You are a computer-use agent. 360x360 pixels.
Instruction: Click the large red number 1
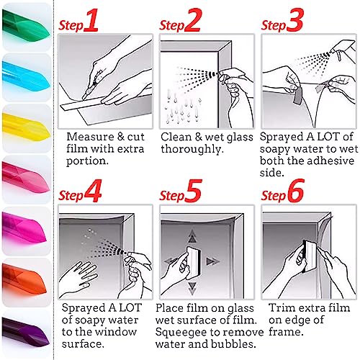pyautogui.click(x=91, y=20)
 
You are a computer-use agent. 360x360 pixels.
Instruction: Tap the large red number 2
pyautogui.click(x=193, y=20)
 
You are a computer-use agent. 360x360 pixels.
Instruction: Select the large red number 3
pyautogui.click(x=295, y=20)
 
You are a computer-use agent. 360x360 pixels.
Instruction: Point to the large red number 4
pyautogui.click(x=93, y=191)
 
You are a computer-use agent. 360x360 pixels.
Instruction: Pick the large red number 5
pyautogui.click(x=193, y=191)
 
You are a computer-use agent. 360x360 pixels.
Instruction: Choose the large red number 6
pyautogui.click(x=296, y=191)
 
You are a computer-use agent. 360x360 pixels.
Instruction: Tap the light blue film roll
pyautogui.click(x=26, y=77)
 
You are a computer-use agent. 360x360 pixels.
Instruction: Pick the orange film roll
pyautogui.click(x=24, y=280)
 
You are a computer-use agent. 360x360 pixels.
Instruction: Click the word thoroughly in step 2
pyautogui.click(x=192, y=149)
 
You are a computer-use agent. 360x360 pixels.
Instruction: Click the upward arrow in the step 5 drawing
pyautogui.click(x=192, y=237)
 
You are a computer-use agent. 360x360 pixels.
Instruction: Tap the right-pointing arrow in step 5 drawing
pyautogui.click(x=212, y=261)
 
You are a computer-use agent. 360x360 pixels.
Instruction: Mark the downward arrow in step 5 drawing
pyautogui.click(x=192, y=288)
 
